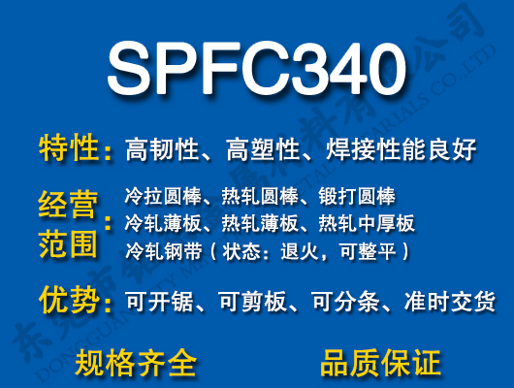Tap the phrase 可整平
click(x=373, y=251)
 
